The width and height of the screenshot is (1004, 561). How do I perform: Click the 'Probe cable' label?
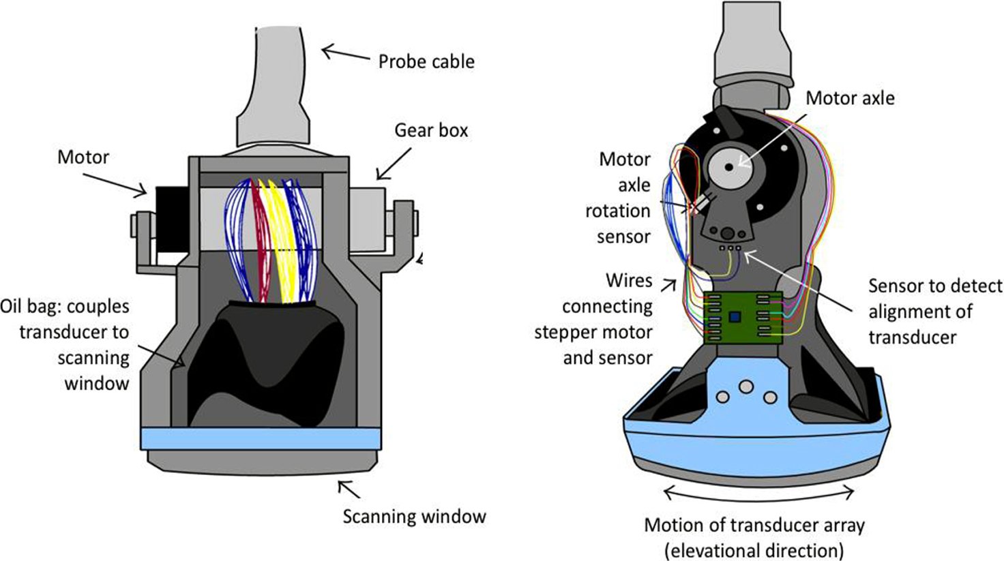point(426,61)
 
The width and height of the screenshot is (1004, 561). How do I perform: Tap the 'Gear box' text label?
point(431,130)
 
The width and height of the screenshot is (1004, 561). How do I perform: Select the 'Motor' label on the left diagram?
point(83,157)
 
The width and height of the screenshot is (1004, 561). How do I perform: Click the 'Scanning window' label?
point(414,517)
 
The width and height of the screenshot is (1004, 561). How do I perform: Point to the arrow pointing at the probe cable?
point(345,52)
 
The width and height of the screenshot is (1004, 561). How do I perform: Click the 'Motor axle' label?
point(850,98)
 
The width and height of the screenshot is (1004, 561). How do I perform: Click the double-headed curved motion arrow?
point(758,493)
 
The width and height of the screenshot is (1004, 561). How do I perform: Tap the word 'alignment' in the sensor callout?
point(920,312)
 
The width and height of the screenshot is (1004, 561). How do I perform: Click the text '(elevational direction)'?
point(754,549)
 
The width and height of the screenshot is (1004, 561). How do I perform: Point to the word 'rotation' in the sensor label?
point(617,211)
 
